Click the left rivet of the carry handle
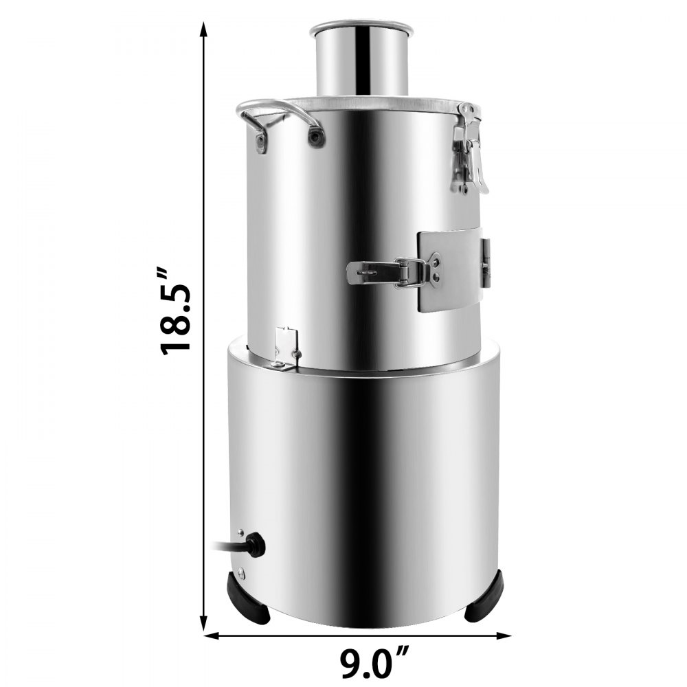point(261,142)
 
